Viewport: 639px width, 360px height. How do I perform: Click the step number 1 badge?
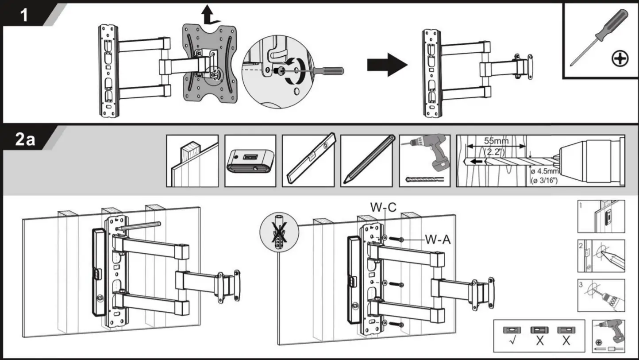(24, 15)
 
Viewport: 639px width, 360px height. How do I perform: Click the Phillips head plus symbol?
(621, 58)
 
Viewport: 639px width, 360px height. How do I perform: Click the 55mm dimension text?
(496, 141)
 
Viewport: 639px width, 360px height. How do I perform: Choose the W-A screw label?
(438, 240)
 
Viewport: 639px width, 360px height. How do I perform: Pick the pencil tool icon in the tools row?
(366, 161)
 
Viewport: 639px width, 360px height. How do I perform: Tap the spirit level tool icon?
(308, 161)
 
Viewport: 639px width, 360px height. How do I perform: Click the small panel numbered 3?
(601, 295)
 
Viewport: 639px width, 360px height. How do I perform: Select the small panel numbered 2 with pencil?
(601, 256)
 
